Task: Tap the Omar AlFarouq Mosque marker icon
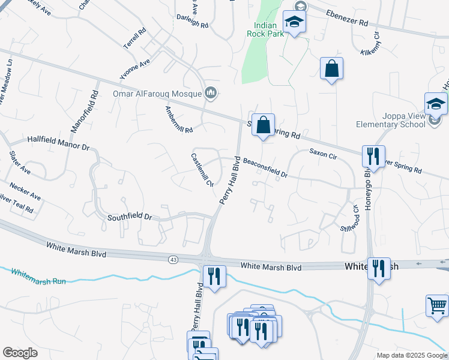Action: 211,93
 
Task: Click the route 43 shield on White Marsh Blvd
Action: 173,259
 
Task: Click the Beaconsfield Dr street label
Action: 265,169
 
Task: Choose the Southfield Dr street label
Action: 129,217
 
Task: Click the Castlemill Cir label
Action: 202,170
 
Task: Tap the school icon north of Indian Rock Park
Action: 294,23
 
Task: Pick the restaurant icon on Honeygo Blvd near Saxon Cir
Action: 373,157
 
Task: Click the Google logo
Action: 20,353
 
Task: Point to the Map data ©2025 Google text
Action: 411,355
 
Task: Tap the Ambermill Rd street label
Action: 179,120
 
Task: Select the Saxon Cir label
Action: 324,155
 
